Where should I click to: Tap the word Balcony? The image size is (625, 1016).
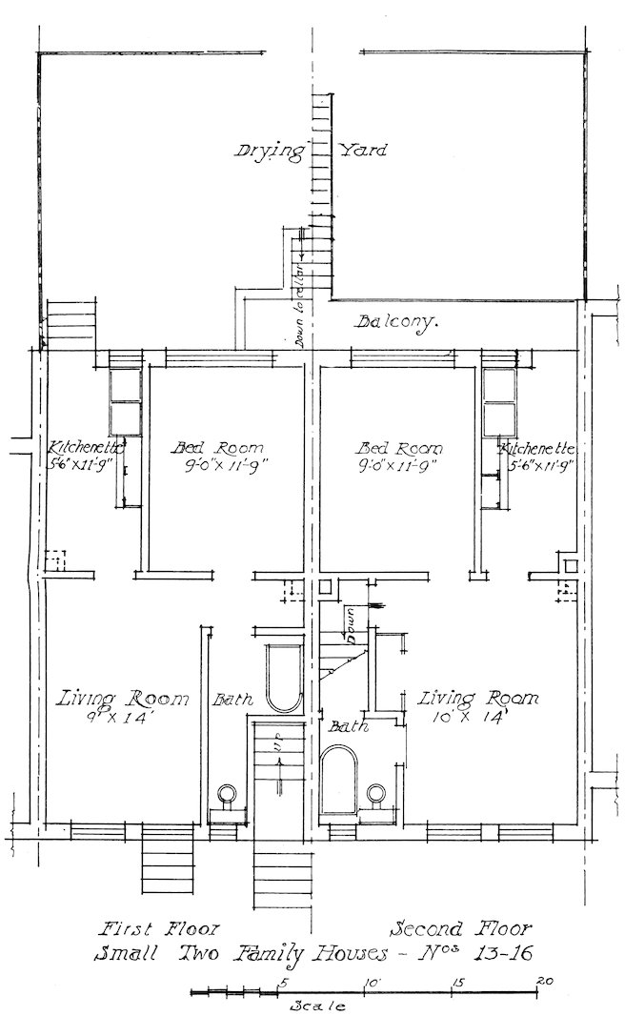tap(397, 322)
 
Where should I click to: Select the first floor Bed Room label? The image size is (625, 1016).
tap(217, 448)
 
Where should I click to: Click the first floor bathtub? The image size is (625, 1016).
tap(283, 679)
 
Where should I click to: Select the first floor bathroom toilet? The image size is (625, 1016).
tap(228, 794)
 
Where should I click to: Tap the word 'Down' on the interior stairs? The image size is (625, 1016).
tap(349, 624)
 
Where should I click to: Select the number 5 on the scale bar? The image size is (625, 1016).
tap(282, 981)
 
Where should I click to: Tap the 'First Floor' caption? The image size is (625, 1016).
tap(160, 927)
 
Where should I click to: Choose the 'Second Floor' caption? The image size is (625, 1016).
tap(462, 927)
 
